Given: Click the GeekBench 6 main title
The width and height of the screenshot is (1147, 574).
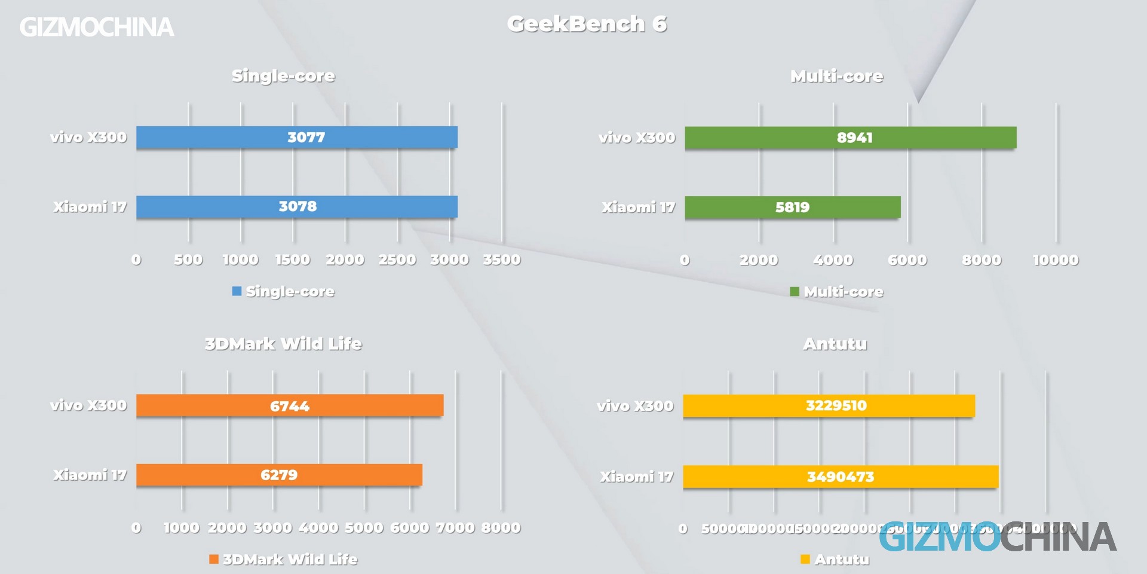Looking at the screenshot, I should coord(587,25).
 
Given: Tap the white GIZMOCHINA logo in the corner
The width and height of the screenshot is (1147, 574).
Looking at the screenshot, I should coord(97,28).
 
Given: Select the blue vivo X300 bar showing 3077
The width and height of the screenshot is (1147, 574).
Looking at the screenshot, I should coord(297,137).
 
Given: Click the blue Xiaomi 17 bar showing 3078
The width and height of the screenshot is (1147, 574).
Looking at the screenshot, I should coord(297,207).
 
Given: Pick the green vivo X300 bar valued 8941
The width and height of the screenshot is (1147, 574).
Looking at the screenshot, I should coord(850,138).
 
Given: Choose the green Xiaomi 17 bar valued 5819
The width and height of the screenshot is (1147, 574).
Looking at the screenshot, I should coord(792,207).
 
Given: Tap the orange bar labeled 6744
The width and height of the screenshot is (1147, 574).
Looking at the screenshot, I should coord(290,405).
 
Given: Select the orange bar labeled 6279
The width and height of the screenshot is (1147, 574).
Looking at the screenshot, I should coord(279,475).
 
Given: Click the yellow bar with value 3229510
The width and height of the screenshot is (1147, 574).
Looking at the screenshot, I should coord(829,405).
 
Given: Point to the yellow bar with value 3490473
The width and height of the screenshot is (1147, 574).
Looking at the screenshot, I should coord(841,477).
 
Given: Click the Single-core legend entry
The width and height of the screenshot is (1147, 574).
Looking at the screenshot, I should coord(284,292).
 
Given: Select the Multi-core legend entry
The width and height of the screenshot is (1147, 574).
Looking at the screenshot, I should coord(837,292).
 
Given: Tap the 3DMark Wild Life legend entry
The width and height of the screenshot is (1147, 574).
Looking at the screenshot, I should coord(284,560).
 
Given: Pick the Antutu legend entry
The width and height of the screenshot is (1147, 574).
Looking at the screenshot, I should coord(835,560).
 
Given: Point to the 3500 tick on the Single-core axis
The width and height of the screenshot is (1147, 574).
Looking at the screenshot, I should coord(502,260).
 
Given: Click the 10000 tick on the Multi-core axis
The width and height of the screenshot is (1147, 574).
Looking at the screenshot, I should coord(1056,260).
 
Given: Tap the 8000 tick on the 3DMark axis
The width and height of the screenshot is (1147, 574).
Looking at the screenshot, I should coord(501,528).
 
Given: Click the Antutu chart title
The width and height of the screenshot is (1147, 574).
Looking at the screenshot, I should coord(835,344).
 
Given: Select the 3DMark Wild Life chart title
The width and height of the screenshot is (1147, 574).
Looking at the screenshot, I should coord(283,344).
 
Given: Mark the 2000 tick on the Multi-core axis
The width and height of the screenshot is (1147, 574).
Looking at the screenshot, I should coord(759,260).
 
